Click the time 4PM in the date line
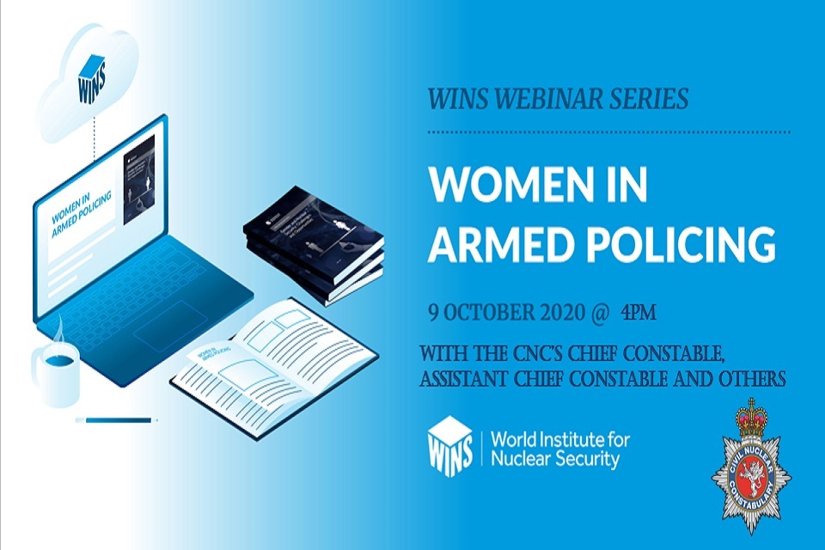[638, 311]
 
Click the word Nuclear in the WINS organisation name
[520, 459]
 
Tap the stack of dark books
[313, 249]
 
